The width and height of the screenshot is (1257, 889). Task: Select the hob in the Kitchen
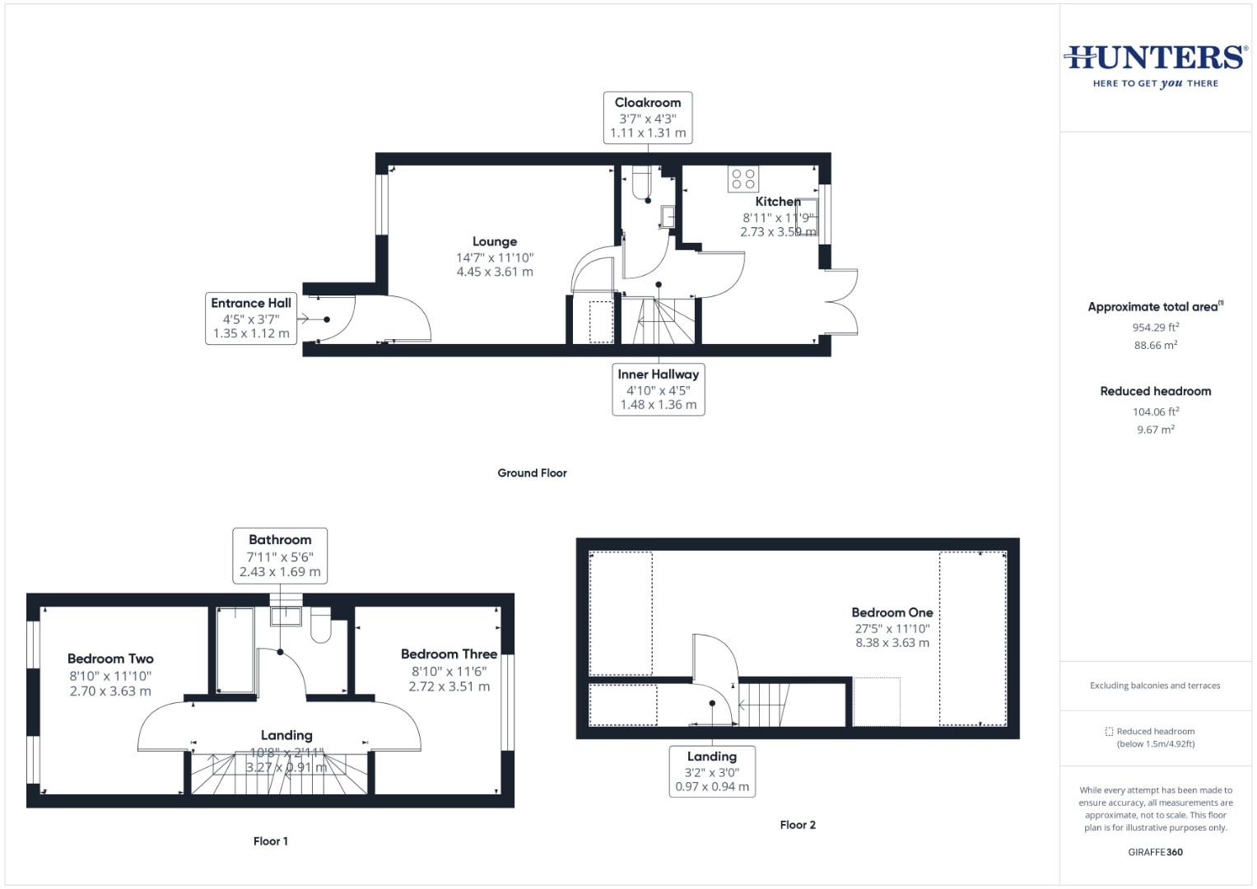pos(743,179)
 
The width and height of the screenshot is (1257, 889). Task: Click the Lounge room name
pos(495,241)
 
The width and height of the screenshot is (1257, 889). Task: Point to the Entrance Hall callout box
pos(251,318)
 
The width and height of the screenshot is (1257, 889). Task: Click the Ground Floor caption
pos(532,473)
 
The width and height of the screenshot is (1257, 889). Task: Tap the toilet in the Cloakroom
pos(642,185)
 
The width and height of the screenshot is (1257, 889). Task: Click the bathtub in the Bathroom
pos(235,650)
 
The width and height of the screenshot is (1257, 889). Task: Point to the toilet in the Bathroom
pos(321,626)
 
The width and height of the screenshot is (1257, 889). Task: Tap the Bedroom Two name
pos(110,659)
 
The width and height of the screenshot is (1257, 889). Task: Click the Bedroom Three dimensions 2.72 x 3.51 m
pos(449,687)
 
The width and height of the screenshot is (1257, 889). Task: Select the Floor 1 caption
pos(270,841)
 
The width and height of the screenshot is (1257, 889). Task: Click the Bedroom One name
pos(892,612)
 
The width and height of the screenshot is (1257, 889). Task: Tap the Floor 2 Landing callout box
pos(712,771)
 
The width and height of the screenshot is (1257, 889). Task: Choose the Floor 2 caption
pos(798,825)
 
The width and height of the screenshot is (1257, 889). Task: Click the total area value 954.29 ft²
pos(1155,327)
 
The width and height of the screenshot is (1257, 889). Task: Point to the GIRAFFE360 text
pos(1155,852)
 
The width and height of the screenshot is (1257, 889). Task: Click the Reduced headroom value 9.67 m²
pos(1155,430)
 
